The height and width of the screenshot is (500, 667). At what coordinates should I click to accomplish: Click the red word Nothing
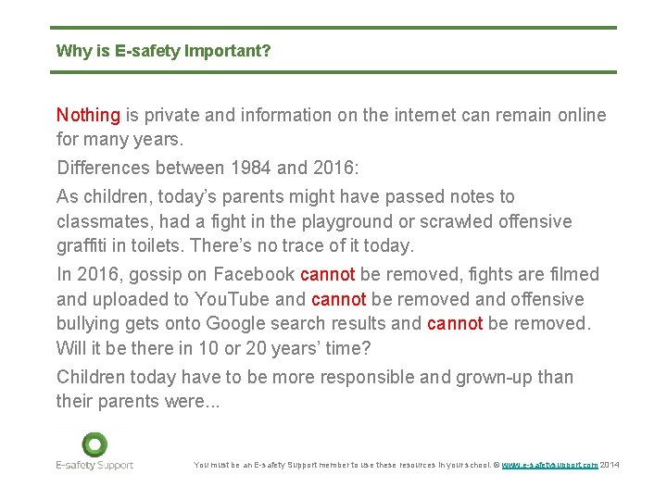(88, 116)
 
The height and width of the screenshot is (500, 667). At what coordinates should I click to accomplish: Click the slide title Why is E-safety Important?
(163, 51)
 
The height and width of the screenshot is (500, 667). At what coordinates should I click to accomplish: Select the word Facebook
(255, 275)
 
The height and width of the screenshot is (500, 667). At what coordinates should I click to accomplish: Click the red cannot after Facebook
(328, 275)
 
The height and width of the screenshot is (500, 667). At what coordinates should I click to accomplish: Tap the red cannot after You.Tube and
(339, 300)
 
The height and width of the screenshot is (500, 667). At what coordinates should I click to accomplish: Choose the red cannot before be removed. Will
(454, 324)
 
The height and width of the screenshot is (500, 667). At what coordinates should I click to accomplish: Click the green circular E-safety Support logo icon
(94, 444)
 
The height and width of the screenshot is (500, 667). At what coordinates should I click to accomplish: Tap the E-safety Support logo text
(94, 465)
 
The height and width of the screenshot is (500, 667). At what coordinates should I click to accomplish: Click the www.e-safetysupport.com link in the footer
(548, 465)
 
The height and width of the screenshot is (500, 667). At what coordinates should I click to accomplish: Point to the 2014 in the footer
(610, 465)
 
